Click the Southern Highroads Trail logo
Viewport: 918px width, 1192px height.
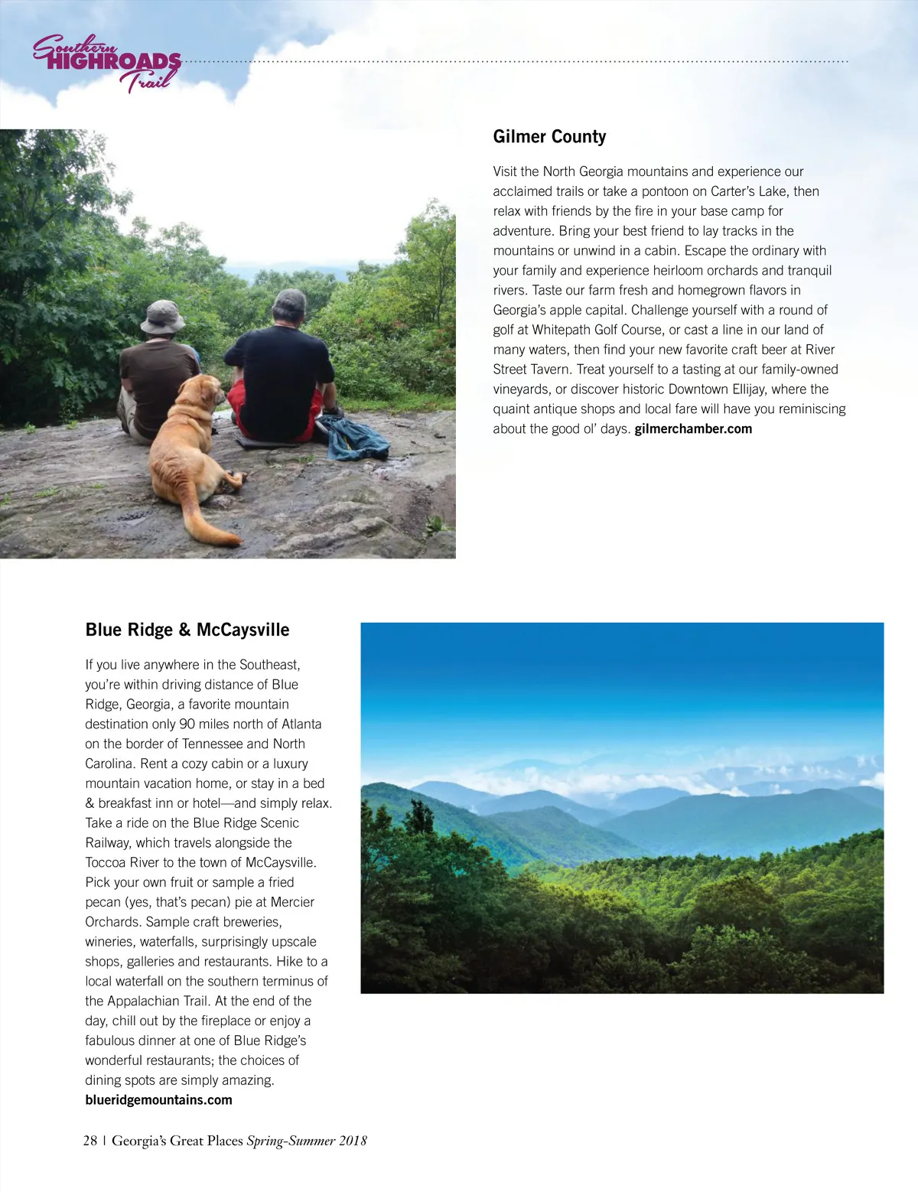tap(107, 64)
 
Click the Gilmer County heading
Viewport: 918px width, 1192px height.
tap(549, 137)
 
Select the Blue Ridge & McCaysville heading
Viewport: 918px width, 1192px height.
tap(187, 630)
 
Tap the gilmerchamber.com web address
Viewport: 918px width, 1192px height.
tap(693, 429)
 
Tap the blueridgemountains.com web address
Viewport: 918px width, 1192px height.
tap(158, 1100)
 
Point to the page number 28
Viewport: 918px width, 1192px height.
tap(90, 1141)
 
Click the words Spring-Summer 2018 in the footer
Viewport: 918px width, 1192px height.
tap(307, 1141)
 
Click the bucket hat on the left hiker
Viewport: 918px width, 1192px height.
tap(162, 317)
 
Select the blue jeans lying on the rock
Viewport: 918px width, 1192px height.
tap(353, 438)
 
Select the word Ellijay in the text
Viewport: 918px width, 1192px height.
tap(749, 389)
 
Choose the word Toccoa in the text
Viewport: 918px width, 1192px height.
tap(106, 863)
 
